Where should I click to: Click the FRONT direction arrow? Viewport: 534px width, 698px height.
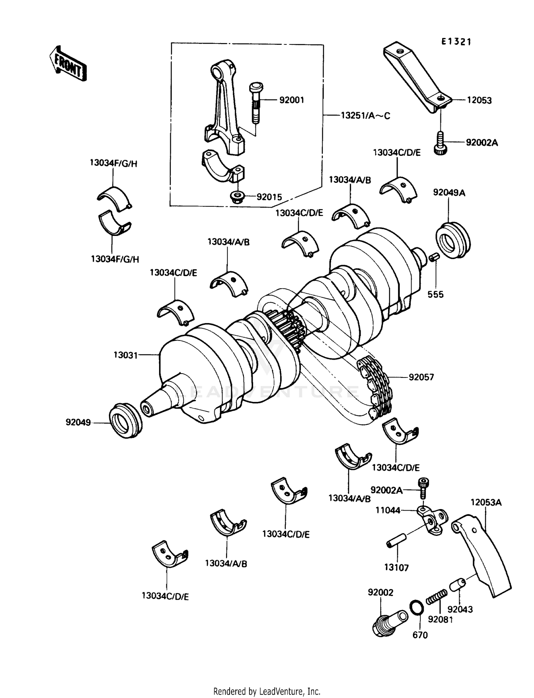pyautogui.click(x=68, y=64)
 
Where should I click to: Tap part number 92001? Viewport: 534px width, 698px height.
pyautogui.click(x=292, y=100)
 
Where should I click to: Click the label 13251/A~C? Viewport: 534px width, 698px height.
pyautogui.click(x=365, y=116)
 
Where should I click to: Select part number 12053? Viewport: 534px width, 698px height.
pyautogui.click(x=479, y=100)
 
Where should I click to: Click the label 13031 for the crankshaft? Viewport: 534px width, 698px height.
pyautogui.click(x=126, y=355)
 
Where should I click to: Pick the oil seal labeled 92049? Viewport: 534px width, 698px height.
pyautogui.click(x=125, y=420)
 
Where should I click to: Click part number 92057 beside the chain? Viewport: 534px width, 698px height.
pyautogui.click(x=421, y=377)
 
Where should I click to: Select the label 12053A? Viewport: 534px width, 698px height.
pyautogui.click(x=486, y=502)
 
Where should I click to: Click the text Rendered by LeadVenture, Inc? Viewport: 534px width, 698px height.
pyautogui.click(x=267, y=691)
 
